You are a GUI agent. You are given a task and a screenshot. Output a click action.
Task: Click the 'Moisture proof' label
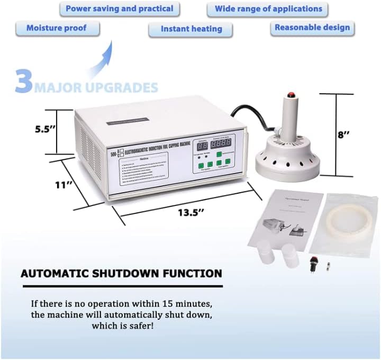56,28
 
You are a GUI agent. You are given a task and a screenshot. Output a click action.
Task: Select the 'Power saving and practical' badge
119,8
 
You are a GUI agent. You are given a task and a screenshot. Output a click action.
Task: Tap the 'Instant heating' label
191,29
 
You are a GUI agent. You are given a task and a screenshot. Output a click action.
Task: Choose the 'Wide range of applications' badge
268,9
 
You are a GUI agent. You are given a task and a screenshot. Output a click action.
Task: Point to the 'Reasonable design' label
312,27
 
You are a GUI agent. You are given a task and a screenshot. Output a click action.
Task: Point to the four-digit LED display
221,143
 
